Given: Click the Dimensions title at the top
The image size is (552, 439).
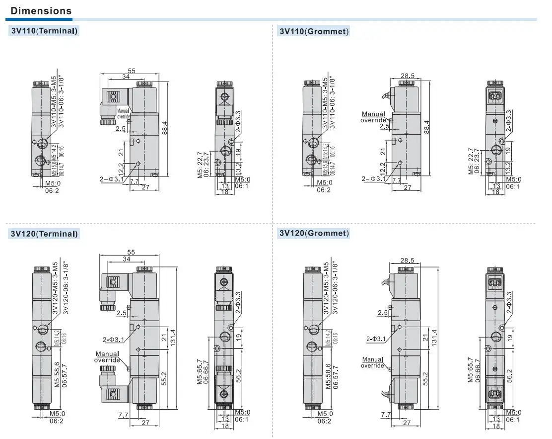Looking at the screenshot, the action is pyautogui.click(x=41, y=10).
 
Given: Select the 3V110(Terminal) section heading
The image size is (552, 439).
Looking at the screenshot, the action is pyautogui.click(x=44, y=31).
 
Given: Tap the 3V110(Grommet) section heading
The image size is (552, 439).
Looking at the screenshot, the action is pyautogui.click(x=314, y=31).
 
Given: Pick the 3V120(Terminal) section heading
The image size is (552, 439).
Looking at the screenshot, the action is pyautogui.click(x=44, y=234).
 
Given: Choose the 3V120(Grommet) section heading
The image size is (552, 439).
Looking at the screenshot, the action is pyautogui.click(x=314, y=233).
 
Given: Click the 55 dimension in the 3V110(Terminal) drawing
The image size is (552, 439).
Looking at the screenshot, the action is pyautogui.click(x=132, y=71).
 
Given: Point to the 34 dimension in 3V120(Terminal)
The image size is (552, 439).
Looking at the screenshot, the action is pyautogui.click(x=126, y=259).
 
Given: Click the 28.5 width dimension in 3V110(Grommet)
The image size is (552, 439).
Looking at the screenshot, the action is pyautogui.click(x=408, y=76).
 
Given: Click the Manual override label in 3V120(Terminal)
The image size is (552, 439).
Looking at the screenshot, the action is pyautogui.click(x=107, y=356).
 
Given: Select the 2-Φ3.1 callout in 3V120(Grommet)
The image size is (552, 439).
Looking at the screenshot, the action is pyautogui.click(x=376, y=339).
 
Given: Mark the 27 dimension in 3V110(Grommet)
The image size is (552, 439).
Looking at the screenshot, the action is pyautogui.click(x=408, y=187).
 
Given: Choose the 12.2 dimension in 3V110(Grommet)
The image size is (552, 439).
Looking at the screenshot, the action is pyautogui.click(x=383, y=168).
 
